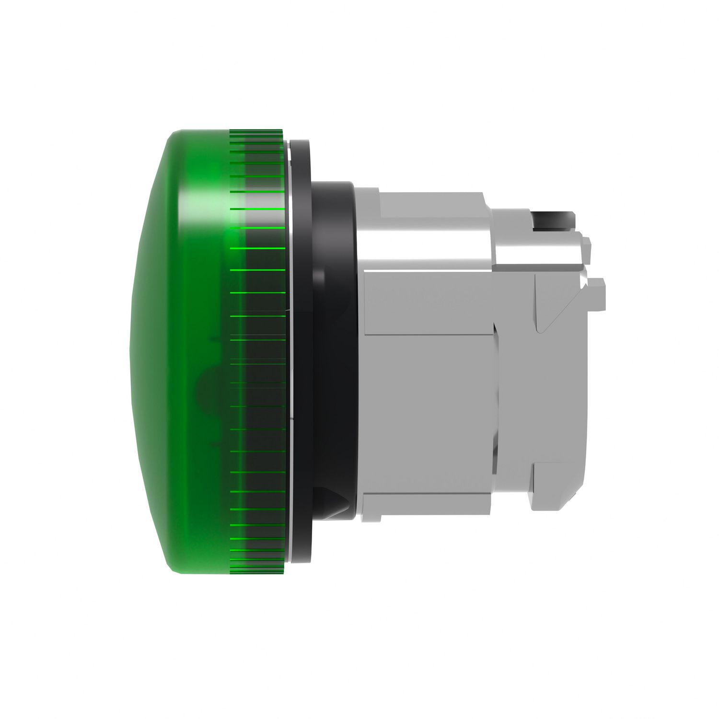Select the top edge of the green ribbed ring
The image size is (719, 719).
(256, 130)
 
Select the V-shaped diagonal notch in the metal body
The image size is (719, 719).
(542, 312)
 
